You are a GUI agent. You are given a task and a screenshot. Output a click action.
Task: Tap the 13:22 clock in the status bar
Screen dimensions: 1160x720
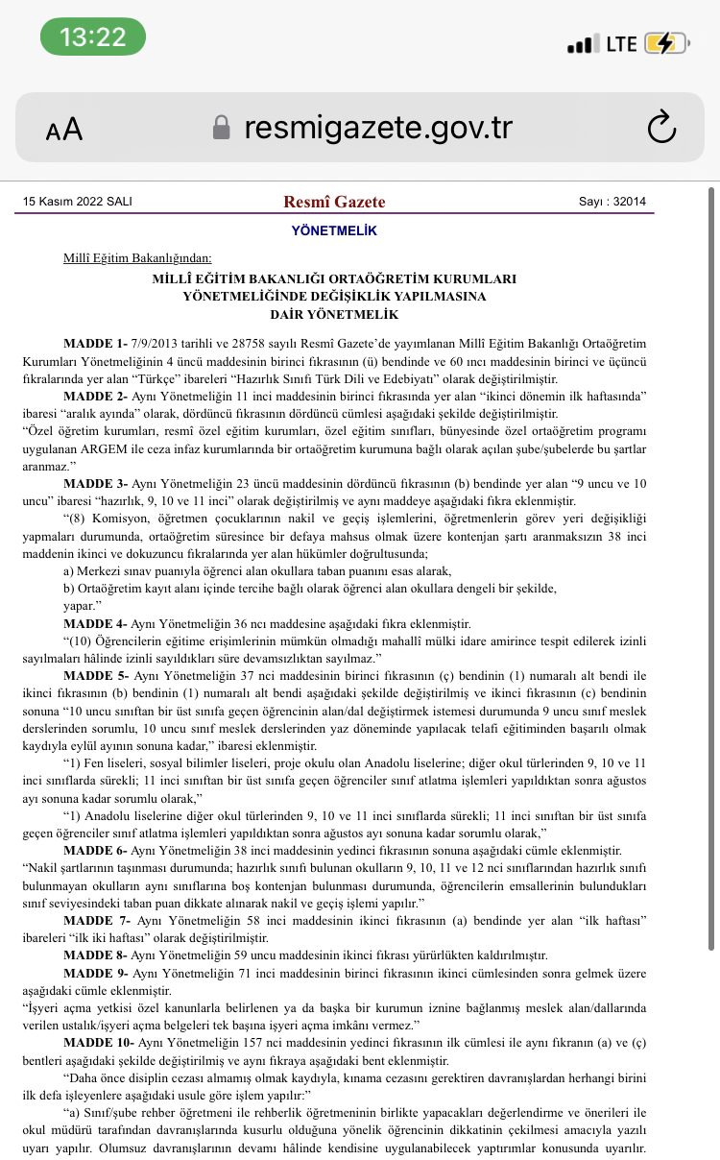click(92, 37)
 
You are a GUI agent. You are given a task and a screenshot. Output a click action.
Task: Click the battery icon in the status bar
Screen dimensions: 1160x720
click(664, 43)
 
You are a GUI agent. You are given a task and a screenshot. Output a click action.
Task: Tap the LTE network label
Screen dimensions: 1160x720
click(621, 43)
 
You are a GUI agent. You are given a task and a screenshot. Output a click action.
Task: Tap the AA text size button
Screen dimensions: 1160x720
click(64, 129)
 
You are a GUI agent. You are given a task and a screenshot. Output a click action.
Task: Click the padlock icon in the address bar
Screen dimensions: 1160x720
click(222, 128)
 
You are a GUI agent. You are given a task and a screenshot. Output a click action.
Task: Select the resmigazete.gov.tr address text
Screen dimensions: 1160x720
click(378, 128)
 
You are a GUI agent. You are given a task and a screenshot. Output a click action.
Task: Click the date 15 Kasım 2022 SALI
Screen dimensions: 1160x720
click(77, 202)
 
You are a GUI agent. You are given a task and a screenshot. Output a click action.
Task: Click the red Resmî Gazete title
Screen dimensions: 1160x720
click(334, 202)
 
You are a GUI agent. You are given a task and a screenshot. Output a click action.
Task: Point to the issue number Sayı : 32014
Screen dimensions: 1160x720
click(612, 202)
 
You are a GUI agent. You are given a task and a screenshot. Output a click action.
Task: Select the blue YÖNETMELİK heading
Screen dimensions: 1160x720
click(334, 231)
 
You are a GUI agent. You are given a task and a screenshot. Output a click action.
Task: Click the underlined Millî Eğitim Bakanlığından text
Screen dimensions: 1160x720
click(138, 258)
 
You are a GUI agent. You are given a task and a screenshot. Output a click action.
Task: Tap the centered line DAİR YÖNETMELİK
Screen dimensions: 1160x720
click(334, 314)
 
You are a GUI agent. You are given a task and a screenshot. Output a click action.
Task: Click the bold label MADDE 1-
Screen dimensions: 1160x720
click(95, 343)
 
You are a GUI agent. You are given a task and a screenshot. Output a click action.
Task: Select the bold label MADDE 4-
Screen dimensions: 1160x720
click(95, 624)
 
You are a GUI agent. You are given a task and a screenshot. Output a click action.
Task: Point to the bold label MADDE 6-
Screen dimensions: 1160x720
click(95, 851)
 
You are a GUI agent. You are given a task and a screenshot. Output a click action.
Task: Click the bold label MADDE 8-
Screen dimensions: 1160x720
click(95, 955)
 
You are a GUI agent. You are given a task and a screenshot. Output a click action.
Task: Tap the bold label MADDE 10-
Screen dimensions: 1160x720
click(99, 1043)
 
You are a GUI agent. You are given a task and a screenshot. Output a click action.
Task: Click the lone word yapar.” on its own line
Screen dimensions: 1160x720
click(82, 607)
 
